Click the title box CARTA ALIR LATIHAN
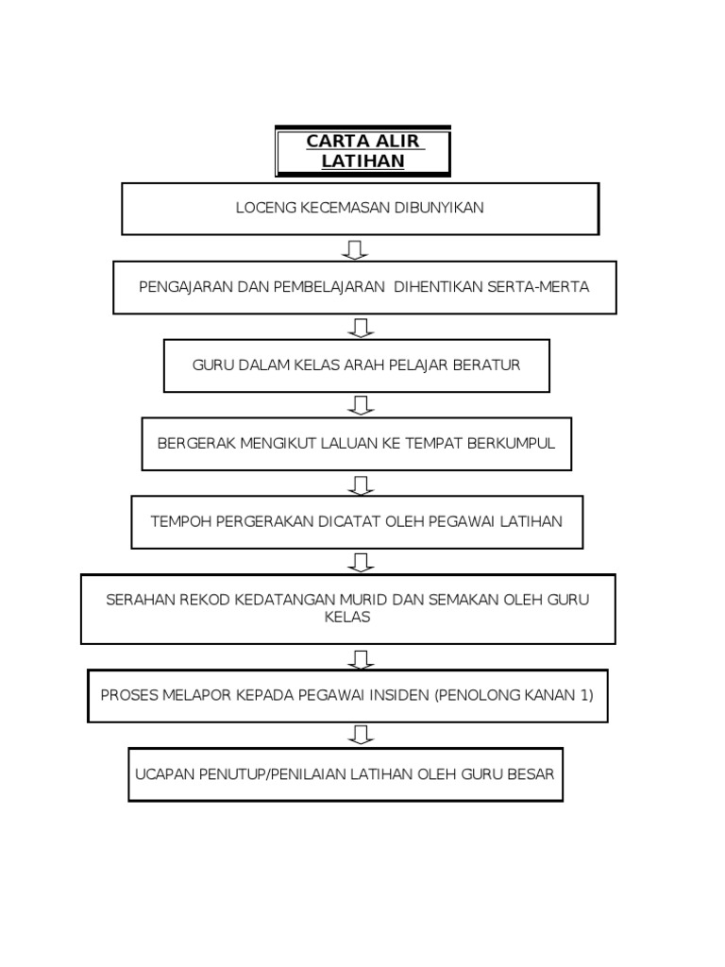pyautogui.click(x=362, y=152)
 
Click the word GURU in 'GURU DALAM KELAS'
pyautogui.click(x=210, y=365)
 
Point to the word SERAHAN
pyautogui.click(x=140, y=601)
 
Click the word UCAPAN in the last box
pyautogui.click(x=165, y=774)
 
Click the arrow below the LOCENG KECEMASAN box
pyautogui.click(x=356, y=249)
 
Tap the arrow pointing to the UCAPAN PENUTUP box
pyautogui.click(x=361, y=735)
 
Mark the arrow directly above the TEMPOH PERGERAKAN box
pyautogui.click(x=361, y=484)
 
